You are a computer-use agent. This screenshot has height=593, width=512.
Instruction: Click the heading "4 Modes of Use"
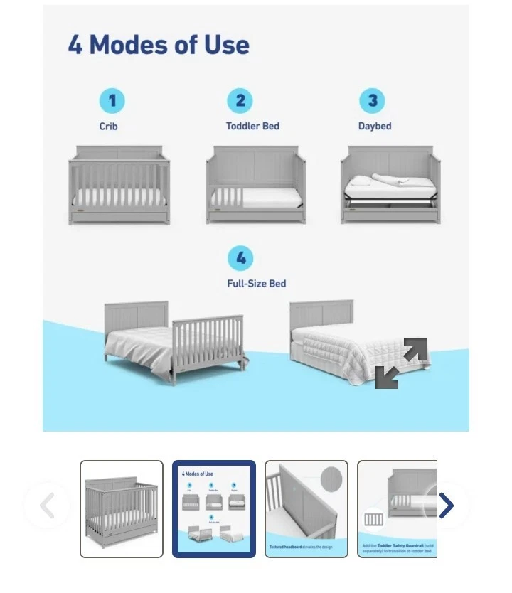pyautogui.click(x=159, y=45)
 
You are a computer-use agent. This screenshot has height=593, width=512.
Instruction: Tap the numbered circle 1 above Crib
pyautogui.click(x=112, y=100)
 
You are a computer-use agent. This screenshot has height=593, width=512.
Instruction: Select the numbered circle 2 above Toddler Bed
pyautogui.click(x=240, y=100)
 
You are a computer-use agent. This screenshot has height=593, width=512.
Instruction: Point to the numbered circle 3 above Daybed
pyautogui.click(x=371, y=100)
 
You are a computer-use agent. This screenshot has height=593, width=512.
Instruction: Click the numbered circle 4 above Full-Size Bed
pyautogui.click(x=240, y=257)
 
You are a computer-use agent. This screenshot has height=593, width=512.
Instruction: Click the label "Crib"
pyautogui.click(x=109, y=127)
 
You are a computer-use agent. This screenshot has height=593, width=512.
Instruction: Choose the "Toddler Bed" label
pyautogui.click(x=252, y=126)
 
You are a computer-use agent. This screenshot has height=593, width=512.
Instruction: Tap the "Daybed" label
pyautogui.click(x=375, y=126)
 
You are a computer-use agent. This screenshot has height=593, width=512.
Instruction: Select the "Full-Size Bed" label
pyautogui.click(x=256, y=283)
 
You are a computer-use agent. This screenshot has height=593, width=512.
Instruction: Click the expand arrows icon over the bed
pyautogui.click(x=401, y=363)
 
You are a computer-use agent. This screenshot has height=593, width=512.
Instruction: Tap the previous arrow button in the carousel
pyautogui.click(x=47, y=506)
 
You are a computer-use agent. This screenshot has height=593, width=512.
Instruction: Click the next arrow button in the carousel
pyautogui.click(x=446, y=506)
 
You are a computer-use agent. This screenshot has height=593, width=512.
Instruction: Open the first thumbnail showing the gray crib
pyautogui.click(x=122, y=509)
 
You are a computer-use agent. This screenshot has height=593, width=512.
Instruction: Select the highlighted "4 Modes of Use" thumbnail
pyautogui.click(x=214, y=509)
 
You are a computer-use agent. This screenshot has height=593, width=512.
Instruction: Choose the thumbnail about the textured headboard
pyautogui.click(x=306, y=509)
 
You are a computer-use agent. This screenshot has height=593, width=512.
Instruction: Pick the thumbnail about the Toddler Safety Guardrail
pyautogui.click(x=396, y=509)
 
